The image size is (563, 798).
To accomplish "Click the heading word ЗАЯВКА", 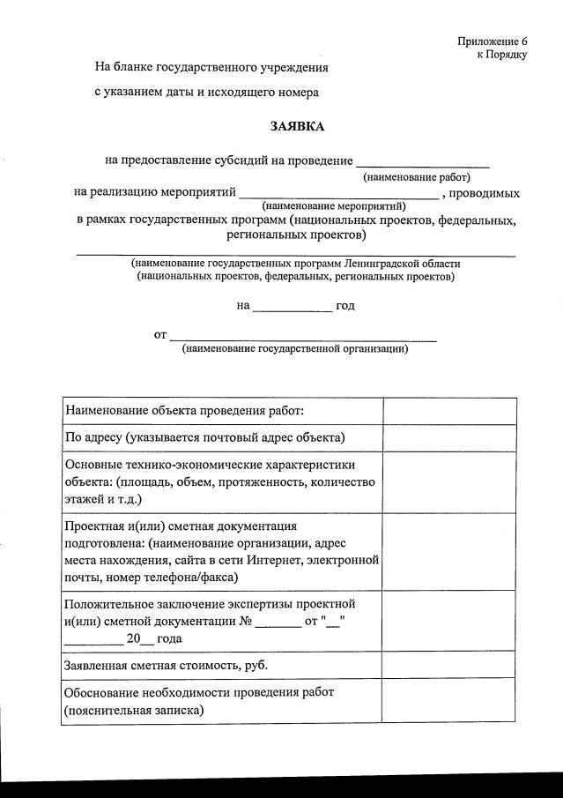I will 297,126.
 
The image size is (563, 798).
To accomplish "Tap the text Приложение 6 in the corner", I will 492,41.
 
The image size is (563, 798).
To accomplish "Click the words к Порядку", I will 501,55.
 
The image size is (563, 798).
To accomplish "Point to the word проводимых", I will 484,192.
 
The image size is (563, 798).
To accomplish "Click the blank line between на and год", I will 292,311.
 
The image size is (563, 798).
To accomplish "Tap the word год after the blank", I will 345,306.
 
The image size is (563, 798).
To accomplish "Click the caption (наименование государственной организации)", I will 294,349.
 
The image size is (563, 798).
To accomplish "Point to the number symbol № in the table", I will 246,621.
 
